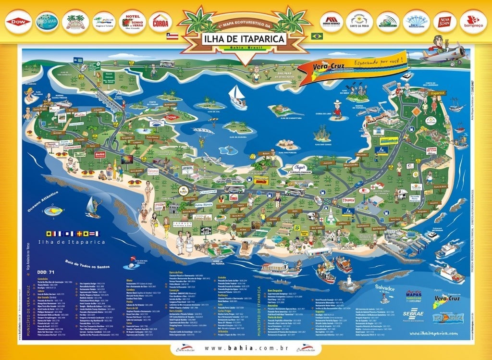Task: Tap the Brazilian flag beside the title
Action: tap(317, 36)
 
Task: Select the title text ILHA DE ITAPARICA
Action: tap(244, 37)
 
